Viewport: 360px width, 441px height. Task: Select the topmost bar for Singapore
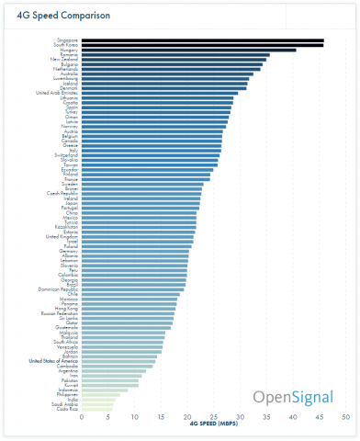202,40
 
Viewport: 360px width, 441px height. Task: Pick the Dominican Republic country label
58,289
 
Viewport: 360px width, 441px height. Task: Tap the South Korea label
65,45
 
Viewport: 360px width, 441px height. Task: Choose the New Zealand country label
63,60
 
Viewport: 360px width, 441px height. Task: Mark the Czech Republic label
62,194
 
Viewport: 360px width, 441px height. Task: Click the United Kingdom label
62,237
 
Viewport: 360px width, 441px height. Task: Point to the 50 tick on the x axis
345,417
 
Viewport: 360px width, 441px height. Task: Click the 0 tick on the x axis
83,417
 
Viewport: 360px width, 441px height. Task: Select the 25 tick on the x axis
214,417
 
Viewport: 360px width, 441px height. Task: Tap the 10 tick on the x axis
135,417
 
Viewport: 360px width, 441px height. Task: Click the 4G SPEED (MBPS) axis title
213,425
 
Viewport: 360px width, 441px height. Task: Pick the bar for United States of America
118,361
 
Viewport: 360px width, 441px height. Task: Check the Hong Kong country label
65,310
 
